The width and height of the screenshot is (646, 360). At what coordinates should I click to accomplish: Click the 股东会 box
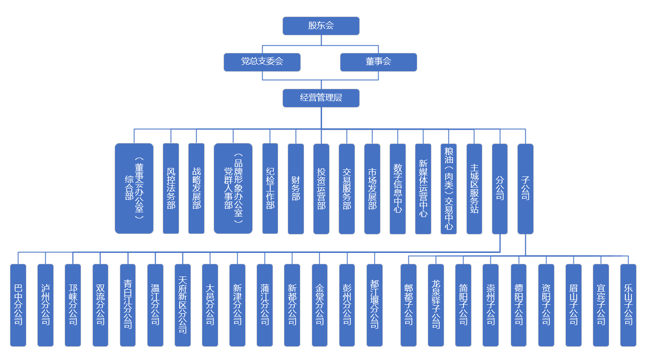coord(321,26)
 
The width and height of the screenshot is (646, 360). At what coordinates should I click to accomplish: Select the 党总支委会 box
coord(262,62)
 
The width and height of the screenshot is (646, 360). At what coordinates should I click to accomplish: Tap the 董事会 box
coord(378,62)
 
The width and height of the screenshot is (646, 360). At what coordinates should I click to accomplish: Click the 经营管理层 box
coord(321,98)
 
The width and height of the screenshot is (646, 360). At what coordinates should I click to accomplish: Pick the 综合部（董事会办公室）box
coord(134,188)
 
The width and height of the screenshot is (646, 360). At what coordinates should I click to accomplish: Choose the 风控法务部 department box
coord(171,188)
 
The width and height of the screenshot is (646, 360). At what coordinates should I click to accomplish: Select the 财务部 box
coord(296,188)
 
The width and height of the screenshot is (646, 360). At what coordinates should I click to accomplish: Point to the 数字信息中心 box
coord(398,188)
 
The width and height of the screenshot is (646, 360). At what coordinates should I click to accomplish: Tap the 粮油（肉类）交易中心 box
coord(448,188)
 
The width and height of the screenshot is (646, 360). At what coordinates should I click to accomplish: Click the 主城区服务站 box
coord(474,188)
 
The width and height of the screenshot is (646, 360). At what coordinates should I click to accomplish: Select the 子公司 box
coord(525,188)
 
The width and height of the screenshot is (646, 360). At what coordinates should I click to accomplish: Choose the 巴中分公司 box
coord(18,305)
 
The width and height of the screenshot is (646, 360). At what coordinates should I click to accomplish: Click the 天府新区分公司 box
coord(182,305)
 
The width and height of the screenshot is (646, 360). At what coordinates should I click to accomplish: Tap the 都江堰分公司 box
coord(374,305)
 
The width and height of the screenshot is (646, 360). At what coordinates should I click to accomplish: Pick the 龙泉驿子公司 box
coord(436,305)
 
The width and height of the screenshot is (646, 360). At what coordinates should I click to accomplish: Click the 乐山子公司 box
coord(628,305)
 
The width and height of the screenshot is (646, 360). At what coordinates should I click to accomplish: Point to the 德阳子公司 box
coord(518,305)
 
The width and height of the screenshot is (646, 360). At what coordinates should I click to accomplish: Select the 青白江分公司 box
coord(128,305)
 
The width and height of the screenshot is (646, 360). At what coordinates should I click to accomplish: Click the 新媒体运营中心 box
coord(423,188)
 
